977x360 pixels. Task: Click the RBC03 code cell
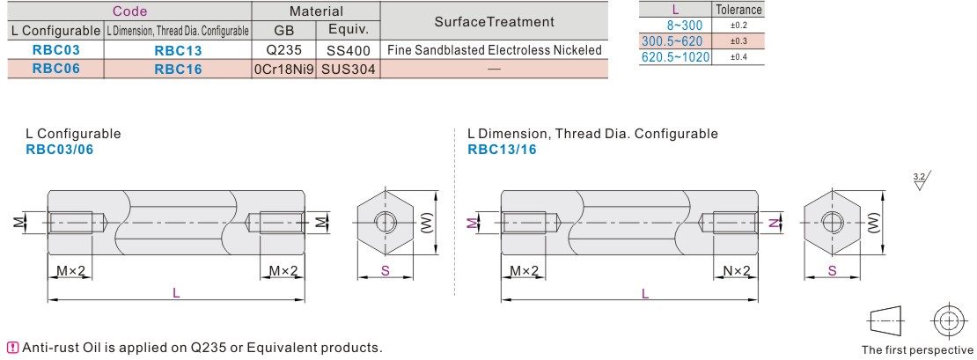[56, 50]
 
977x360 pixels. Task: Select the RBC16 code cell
[178, 70]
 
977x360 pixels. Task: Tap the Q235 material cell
[283, 50]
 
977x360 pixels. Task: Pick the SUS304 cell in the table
[349, 70]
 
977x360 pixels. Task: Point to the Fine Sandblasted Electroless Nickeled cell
[494, 50]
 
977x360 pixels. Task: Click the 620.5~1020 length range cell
[675, 57]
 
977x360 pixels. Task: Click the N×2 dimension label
[736, 271]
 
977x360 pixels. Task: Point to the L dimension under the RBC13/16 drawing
[645, 293]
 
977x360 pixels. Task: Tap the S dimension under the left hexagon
[385, 271]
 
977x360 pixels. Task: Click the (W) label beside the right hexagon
[875, 223]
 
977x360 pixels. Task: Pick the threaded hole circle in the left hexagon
[386, 222]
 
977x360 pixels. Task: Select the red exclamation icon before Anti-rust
[12, 347]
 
